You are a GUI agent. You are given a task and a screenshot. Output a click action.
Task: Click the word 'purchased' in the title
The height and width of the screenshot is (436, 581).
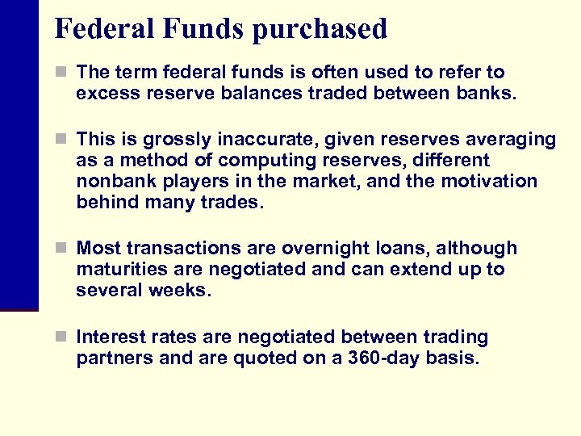tap(320, 30)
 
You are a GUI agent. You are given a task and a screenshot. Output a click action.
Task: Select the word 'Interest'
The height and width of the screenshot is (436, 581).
tap(109, 337)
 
